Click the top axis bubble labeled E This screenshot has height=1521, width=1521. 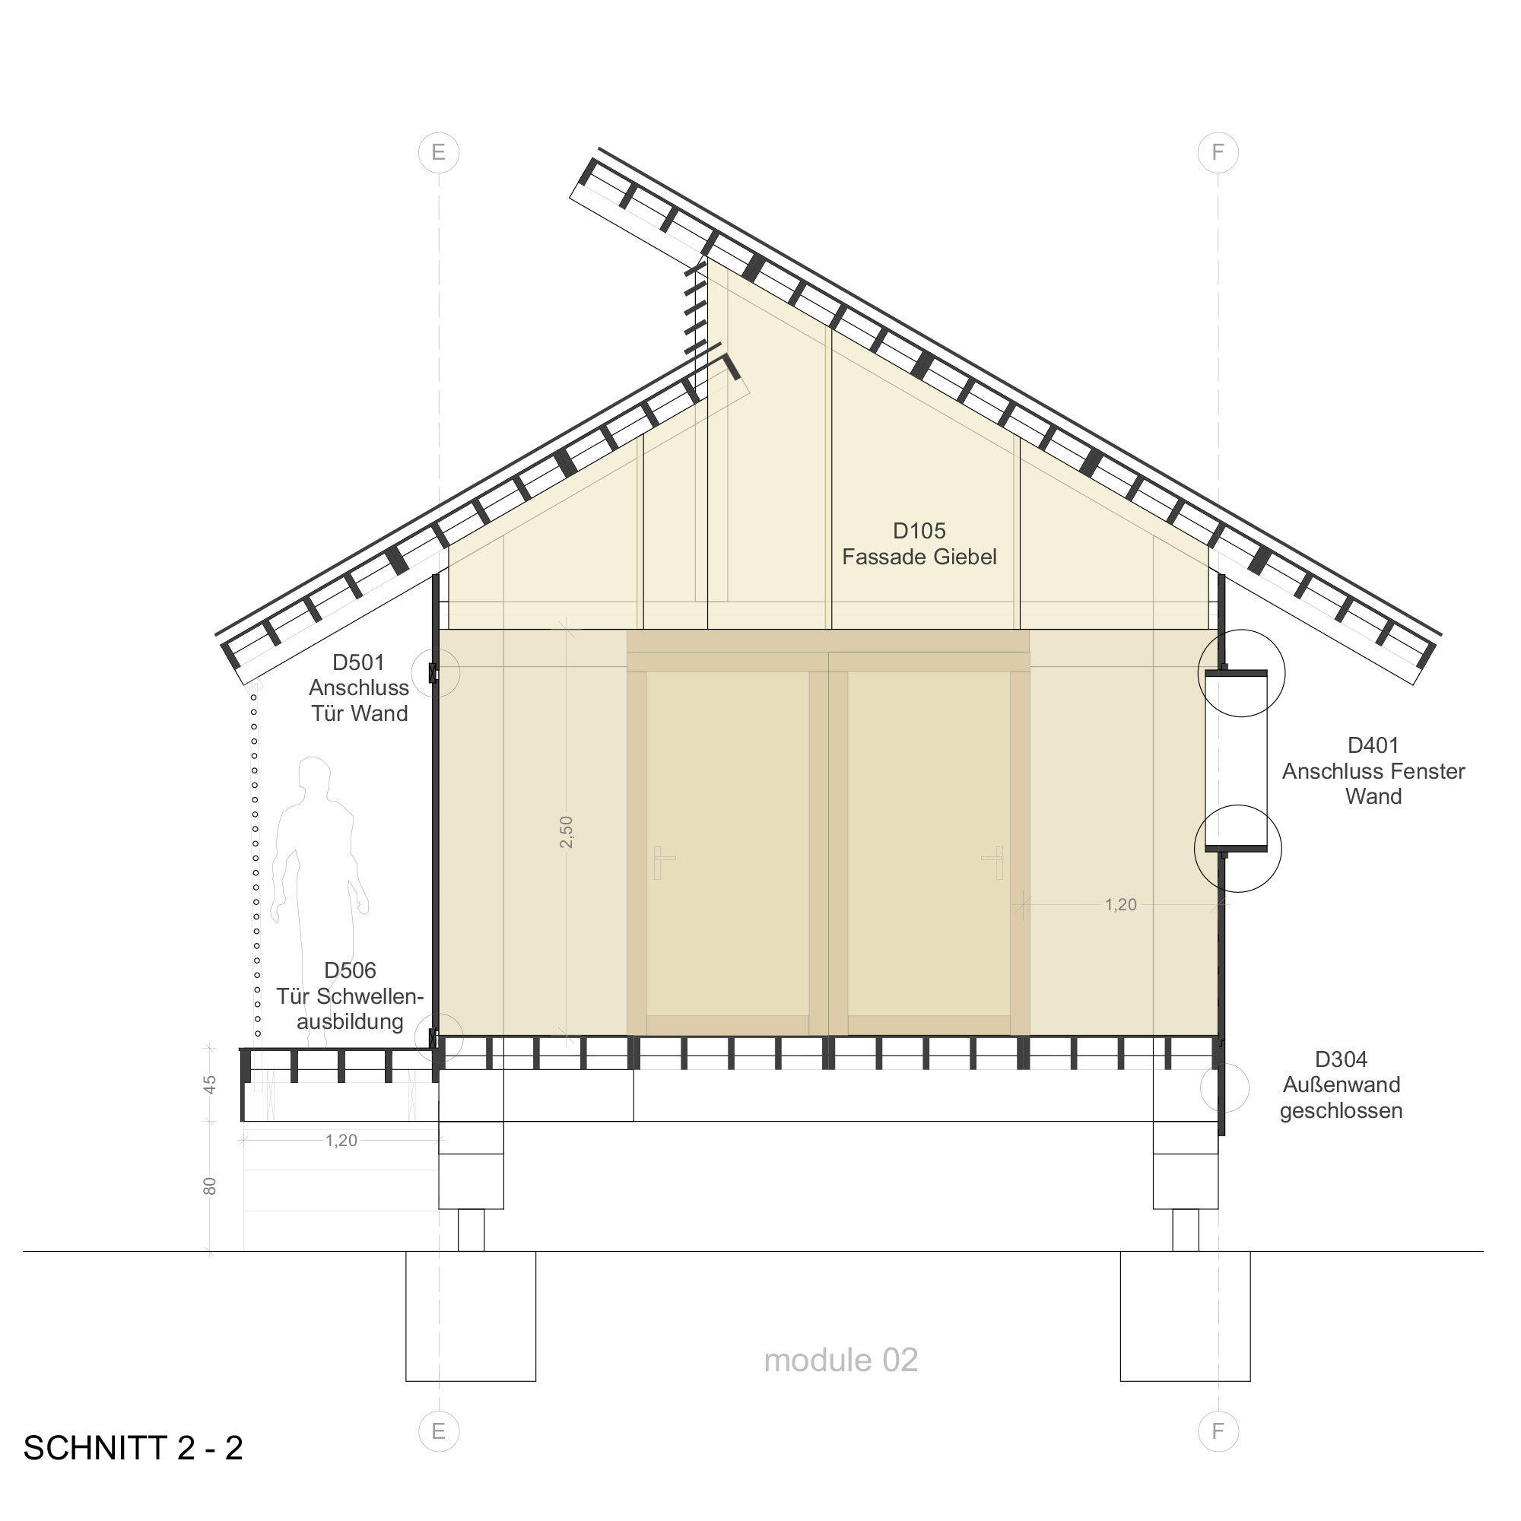pos(439,152)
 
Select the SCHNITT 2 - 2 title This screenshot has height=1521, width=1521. pos(133,1448)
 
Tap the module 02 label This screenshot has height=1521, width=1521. pos(841,1360)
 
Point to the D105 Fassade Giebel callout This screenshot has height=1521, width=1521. pos(919,544)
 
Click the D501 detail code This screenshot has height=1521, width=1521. pos(358,662)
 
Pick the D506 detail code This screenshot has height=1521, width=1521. pos(351,970)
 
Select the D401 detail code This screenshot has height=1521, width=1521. pos(1373,745)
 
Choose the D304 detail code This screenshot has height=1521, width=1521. pos(1341,1059)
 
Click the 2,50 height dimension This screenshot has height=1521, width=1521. pos(566,832)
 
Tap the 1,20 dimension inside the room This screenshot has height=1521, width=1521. pos(1120,904)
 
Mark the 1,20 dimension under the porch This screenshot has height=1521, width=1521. pos(341,1140)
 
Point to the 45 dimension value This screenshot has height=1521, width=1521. pos(209,1085)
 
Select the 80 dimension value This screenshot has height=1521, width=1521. pos(209,1186)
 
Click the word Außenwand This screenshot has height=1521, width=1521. pos(1341,1085)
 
